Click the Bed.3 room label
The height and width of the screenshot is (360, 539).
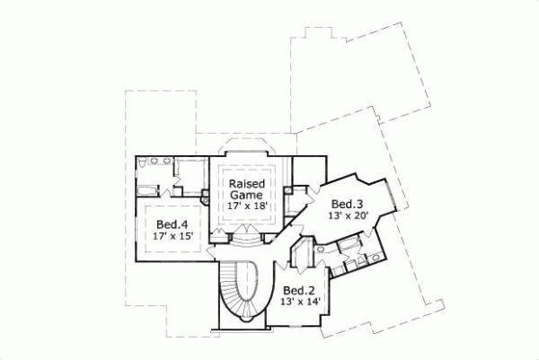(346, 203)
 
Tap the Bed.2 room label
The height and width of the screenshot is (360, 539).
(297, 291)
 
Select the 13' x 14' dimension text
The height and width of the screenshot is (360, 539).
(297, 303)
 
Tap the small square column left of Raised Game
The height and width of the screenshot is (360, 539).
(206, 201)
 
